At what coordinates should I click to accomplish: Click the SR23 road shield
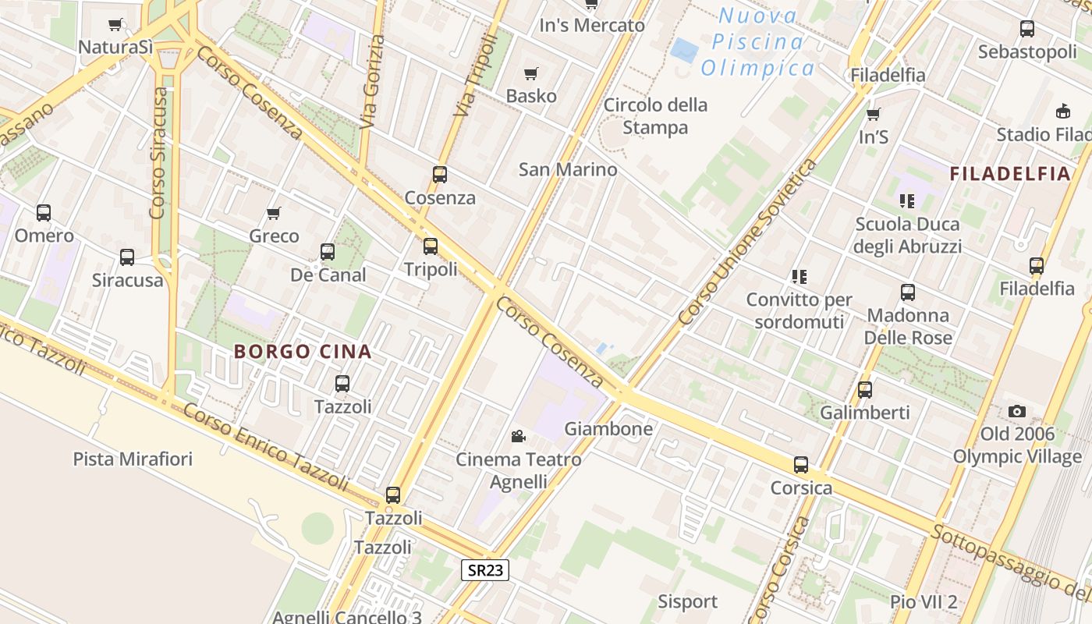(x=484, y=570)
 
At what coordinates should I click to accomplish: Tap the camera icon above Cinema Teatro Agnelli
(x=518, y=436)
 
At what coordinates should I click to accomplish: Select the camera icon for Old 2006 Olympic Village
(x=1016, y=411)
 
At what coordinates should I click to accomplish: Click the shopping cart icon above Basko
(x=531, y=74)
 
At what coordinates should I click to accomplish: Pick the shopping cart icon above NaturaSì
(x=115, y=25)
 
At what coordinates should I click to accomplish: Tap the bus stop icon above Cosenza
(x=440, y=175)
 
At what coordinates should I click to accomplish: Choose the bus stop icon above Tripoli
(x=431, y=246)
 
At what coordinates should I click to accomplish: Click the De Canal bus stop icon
(x=328, y=252)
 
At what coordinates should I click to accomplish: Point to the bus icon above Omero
(x=44, y=212)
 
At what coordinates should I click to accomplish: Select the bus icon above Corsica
(x=801, y=465)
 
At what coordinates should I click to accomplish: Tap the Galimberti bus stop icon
(x=865, y=390)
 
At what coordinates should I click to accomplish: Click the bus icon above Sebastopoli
(x=1027, y=30)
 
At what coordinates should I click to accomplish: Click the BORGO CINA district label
(x=303, y=352)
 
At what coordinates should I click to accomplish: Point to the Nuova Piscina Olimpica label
(x=757, y=42)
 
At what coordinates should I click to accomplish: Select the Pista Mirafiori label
(x=133, y=459)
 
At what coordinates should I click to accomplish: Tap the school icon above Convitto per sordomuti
(x=799, y=277)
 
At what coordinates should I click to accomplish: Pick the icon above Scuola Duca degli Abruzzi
(x=907, y=201)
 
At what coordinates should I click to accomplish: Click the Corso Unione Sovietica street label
(x=746, y=242)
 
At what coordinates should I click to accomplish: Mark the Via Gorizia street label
(x=373, y=82)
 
